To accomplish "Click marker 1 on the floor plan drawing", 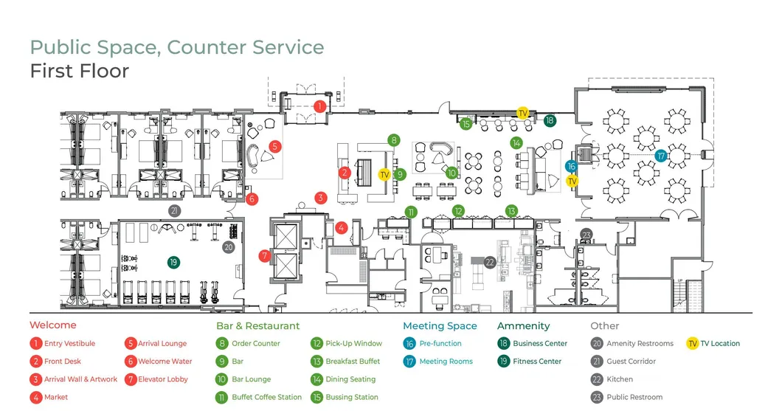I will point(319,106).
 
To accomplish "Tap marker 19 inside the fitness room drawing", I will point(173,262).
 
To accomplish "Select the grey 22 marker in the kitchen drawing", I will point(489,261).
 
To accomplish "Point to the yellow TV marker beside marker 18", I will point(522,113).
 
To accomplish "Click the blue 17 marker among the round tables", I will point(661,156).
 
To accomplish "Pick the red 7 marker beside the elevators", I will point(265,256).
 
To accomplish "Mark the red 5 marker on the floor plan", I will point(274,146).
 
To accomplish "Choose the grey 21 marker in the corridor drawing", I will point(174,210).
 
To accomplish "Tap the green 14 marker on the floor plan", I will point(516,142).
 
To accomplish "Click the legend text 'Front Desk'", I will point(63,362).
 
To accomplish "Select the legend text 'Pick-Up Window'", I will point(354,343).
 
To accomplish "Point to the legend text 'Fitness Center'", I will point(538,362).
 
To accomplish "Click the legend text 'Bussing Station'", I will point(352,397).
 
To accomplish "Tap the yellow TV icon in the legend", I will point(692,343).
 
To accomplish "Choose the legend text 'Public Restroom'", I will point(634,397).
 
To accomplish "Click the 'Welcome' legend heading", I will point(52,325).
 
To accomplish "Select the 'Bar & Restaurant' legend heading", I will point(258,325).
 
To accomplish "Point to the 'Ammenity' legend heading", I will point(523,325).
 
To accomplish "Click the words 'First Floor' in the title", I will point(80,71).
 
